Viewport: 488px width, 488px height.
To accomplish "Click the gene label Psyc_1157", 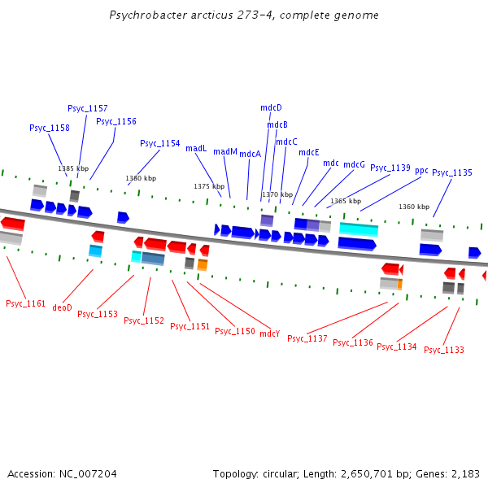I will click(87, 108).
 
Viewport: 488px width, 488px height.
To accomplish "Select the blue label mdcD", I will click(271, 107).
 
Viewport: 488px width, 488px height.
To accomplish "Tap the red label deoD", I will click(63, 307).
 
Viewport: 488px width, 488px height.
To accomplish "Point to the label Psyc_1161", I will click(25, 303).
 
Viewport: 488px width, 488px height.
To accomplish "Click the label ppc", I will click(421, 171).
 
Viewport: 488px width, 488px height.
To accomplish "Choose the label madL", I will click(196, 148).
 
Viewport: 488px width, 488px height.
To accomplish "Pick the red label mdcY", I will click(269, 333).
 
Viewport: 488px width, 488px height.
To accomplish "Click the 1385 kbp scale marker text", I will click(73, 168).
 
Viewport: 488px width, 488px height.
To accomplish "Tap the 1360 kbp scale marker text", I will click(414, 207).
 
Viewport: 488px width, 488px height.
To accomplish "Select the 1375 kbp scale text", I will click(209, 186).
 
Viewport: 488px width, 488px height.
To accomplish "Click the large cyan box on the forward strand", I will click(359, 229).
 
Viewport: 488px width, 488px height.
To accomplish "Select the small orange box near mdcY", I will click(203, 264).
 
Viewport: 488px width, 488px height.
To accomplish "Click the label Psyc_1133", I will click(444, 350).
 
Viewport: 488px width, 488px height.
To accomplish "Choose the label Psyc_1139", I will click(390, 168).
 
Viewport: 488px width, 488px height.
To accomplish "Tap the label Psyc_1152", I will click(144, 320).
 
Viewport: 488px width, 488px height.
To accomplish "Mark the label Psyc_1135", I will click(452, 172).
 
